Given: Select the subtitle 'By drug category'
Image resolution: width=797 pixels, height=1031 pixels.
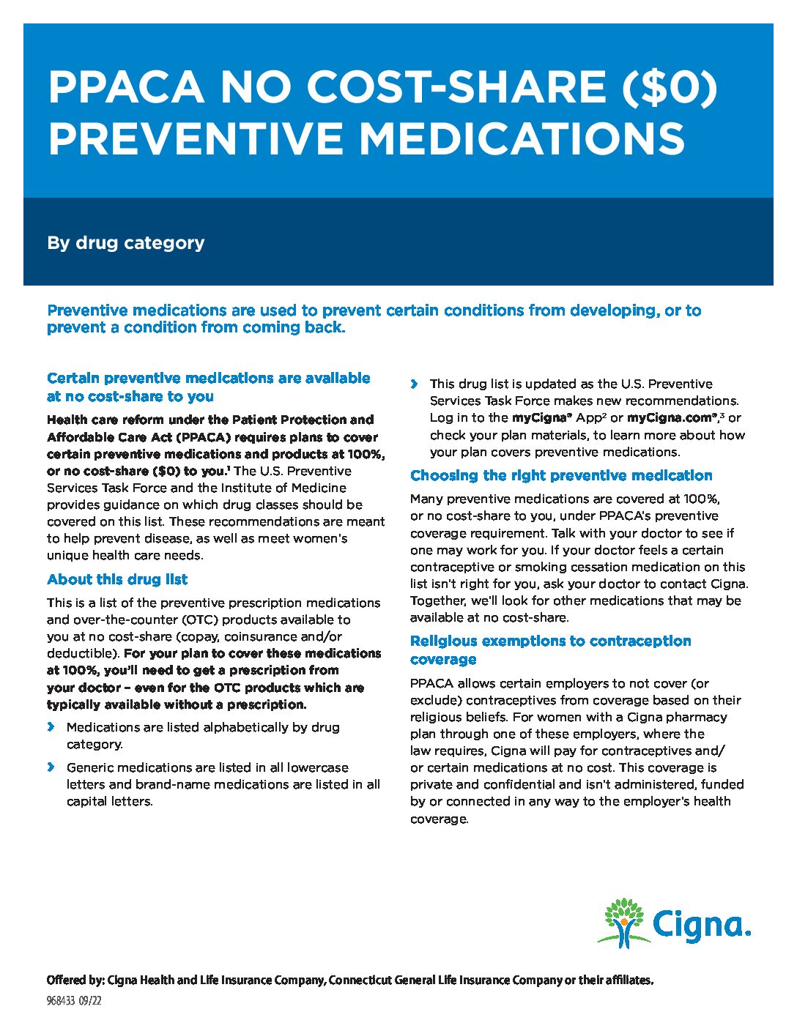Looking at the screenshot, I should coord(125,242).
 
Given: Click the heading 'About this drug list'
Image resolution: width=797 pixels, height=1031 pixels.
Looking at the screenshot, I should coord(117,579).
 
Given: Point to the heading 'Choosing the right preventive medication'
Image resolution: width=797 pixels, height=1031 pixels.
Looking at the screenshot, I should coord(561,475).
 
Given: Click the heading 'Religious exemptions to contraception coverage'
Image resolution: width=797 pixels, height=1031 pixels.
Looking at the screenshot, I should coord(550,650).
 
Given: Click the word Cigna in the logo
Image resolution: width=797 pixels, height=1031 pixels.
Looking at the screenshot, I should coord(701,926).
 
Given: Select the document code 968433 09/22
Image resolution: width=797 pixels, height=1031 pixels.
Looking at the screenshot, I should coord(74,1001).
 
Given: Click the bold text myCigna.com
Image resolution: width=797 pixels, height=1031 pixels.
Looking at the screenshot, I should coord(671,417).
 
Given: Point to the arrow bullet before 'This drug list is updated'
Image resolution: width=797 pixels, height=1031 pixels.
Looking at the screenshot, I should coord(415,384).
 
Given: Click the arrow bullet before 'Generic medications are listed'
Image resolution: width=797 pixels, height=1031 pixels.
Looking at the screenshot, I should coord(51,767).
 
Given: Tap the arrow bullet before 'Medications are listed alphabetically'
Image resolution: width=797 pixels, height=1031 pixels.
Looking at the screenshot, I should coord(51,727).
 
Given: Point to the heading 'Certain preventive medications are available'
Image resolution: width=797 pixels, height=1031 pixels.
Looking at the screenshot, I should coord(209,378).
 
